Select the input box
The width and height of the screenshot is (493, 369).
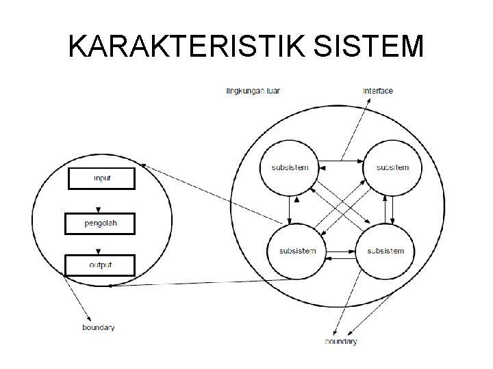pos(101,178)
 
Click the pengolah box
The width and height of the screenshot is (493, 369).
pos(100,222)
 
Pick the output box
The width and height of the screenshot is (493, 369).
pos(100,264)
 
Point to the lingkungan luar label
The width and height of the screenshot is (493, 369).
pos(253,90)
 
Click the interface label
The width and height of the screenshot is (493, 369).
pos(378,90)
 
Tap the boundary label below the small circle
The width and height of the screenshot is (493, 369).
pos(98,327)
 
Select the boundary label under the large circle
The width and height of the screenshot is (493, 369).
pos(340,341)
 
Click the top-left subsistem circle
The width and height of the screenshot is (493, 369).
pos(290,167)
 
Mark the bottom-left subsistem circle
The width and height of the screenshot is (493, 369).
pos(298,251)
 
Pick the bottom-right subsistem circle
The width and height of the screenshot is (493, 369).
pos(385,251)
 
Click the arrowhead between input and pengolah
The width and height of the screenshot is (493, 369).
pos(99,209)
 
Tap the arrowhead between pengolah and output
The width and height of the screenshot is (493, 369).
pos(99,251)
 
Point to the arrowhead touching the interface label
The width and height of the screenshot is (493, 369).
pos(368,100)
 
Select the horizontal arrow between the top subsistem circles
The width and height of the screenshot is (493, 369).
pos(340,161)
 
